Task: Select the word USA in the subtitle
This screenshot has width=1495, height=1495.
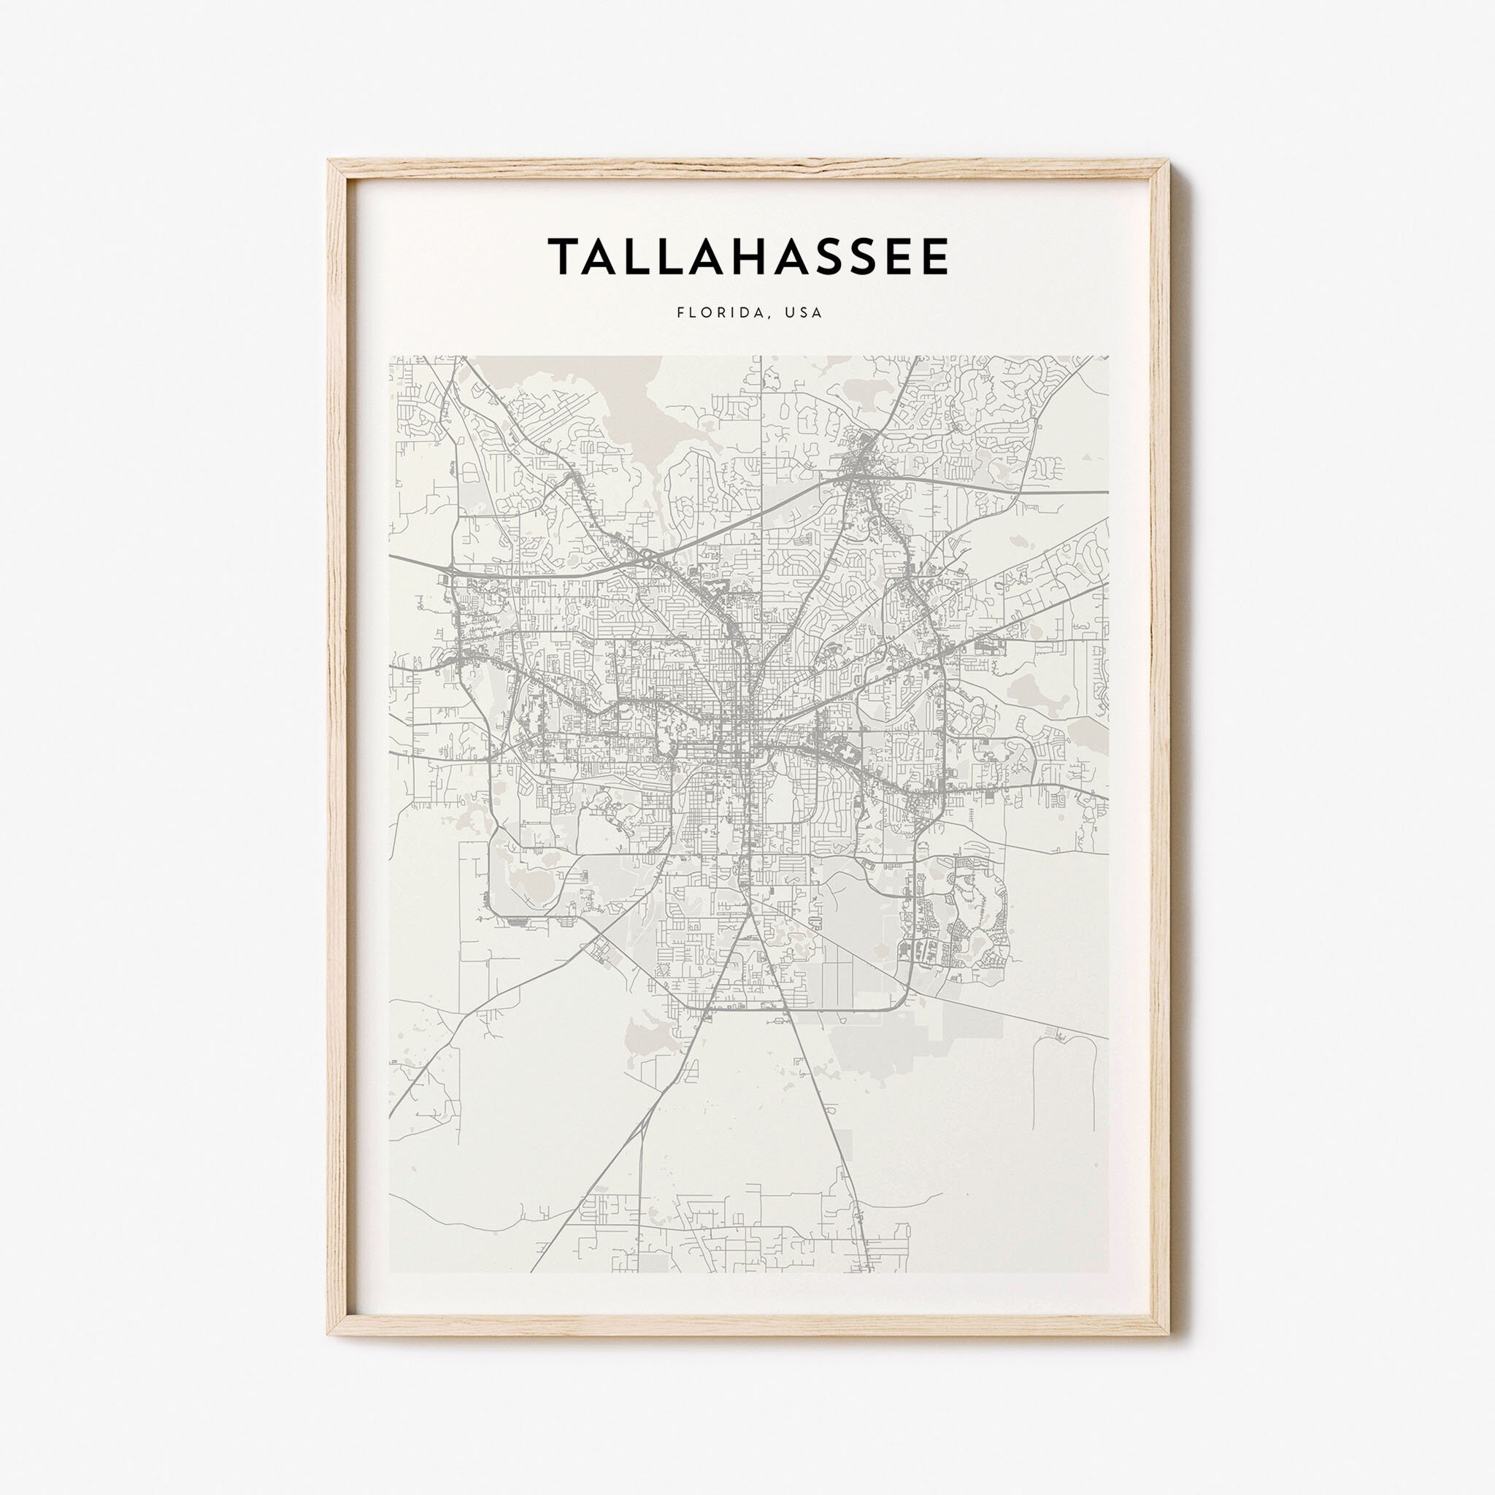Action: (x=803, y=312)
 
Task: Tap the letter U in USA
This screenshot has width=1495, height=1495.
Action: (x=789, y=312)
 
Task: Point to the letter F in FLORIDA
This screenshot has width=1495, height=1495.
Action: (x=680, y=312)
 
